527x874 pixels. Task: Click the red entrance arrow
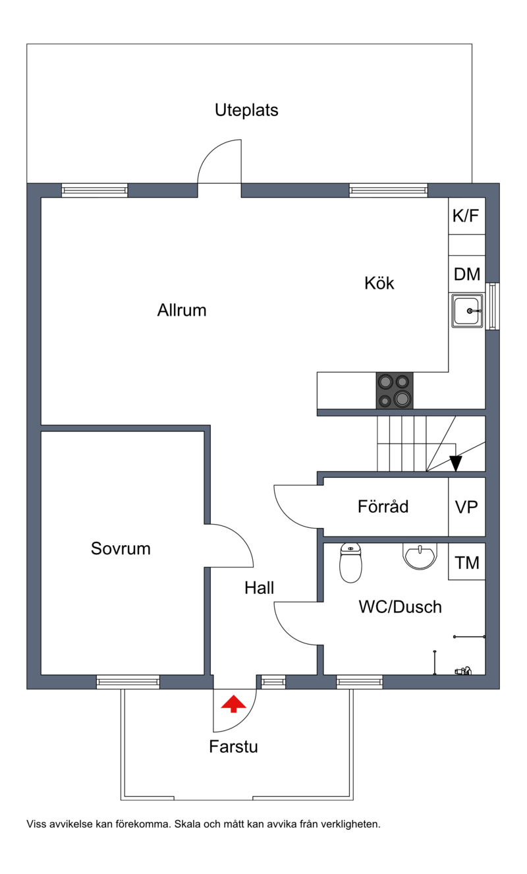(x=233, y=703)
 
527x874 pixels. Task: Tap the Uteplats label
(x=246, y=111)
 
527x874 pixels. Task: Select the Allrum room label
(x=182, y=310)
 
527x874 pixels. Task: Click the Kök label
(x=379, y=283)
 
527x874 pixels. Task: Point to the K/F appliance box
(x=466, y=216)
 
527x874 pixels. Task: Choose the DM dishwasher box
(x=466, y=274)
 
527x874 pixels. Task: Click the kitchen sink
(x=467, y=311)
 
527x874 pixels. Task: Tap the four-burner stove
(x=395, y=391)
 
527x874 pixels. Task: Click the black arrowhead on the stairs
(x=456, y=463)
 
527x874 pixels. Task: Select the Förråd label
(x=383, y=506)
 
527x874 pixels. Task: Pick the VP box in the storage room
(x=466, y=507)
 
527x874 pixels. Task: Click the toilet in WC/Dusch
(x=350, y=563)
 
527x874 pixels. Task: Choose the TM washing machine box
(x=466, y=562)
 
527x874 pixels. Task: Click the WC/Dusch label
(x=401, y=607)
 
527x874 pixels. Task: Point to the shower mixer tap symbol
(x=463, y=671)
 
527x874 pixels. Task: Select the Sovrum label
(x=121, y=548)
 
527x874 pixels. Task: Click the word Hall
(x=259, y=588)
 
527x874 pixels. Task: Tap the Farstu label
(x=233, y=747)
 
